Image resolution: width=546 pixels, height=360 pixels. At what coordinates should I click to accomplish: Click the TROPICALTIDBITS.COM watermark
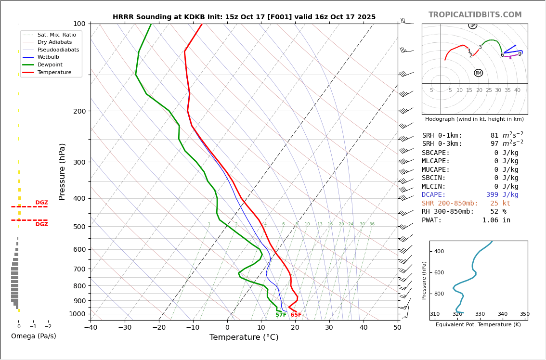[x=475, y=15]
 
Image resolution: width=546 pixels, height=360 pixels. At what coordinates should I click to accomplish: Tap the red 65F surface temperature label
[x=296, y=315]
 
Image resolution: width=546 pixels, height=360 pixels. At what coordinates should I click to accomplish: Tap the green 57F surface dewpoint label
[x=281, y=315]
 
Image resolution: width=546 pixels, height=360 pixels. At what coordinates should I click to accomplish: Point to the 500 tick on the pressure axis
[x=79, y=227]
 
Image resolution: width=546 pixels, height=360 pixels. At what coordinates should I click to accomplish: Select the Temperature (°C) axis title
[x=244, y=337]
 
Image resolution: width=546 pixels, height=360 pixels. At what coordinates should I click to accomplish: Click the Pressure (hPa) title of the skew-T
[x=62, y=171]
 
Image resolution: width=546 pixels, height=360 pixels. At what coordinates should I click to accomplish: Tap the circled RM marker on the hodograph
[x=478, y=73]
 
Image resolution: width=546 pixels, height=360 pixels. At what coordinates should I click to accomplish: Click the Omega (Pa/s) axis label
[x=33, y=336]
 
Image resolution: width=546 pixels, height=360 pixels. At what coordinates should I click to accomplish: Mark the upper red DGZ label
[x=41, y=203]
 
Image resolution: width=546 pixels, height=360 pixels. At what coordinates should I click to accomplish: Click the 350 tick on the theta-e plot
[x=524, y=314]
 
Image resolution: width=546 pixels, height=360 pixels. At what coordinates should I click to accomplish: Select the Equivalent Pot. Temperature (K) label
[x=478, y=325]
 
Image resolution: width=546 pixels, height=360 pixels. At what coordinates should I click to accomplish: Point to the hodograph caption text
[x=474, y=119]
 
